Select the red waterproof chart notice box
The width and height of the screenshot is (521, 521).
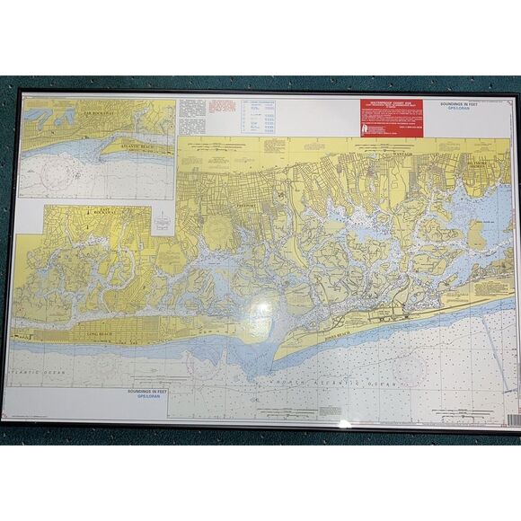389,116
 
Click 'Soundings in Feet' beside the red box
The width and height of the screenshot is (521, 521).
466,106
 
